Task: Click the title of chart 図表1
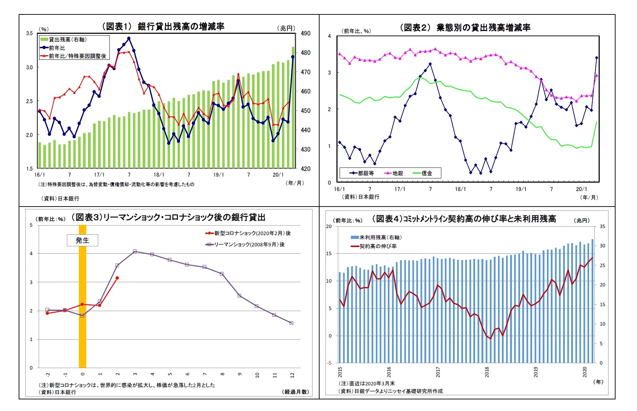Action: pyautogui.click(x=163, y=26)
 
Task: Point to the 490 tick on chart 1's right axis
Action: pyautogui.click(x=305, y=33)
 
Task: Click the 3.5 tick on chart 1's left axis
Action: pyautogui.click(x=29, y=33)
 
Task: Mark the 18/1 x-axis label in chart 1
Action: pyautogui.click(x=159, y=175)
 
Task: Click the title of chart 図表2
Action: pyautogui.click(x=465, y=27)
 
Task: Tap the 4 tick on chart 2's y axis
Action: pyautogui.click(x=329, y=36)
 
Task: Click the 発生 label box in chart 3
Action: pyautogui.click(x=82, y=240)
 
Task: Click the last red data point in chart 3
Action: pyautogui.click(x=117, y=278)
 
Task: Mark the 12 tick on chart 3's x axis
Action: pyautogui.click(x=292, y=375)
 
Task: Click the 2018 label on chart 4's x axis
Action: pyautogui.click(x=487, y=372)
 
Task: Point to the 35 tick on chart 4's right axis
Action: pyautogui.click(x=602, y=227)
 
